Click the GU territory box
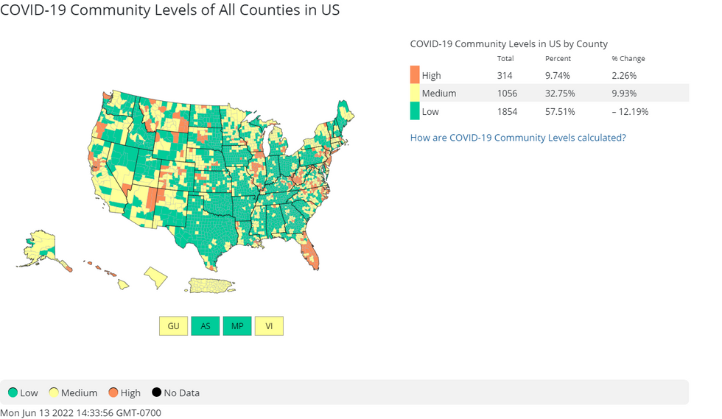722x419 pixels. click(x=173, y=326)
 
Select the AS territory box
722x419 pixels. click(x=206, y=326)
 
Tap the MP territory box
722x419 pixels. click(x=237, y=326)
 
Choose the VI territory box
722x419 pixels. click(x=269, y=326)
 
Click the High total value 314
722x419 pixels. click(x=505, y=75)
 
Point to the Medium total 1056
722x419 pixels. click(x=507, y=94)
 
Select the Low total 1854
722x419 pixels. click(x=507, y=112)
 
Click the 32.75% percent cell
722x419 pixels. click(x=559, y=94)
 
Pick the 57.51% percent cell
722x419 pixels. click(x=559, y=112)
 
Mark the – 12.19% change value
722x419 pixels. click(x=630, y=112)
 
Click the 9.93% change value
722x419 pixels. click(x=624, y=94)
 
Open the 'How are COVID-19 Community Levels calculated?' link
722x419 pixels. click(x=518, y=138)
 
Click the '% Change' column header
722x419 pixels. click(x=628, y=59)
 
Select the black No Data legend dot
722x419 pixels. click(x=156, y=392)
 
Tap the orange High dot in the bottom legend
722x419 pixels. click(x=113, y=392)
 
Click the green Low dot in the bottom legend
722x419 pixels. click(x=13, y=392)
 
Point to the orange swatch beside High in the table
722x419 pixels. click(x=415, y=75)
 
